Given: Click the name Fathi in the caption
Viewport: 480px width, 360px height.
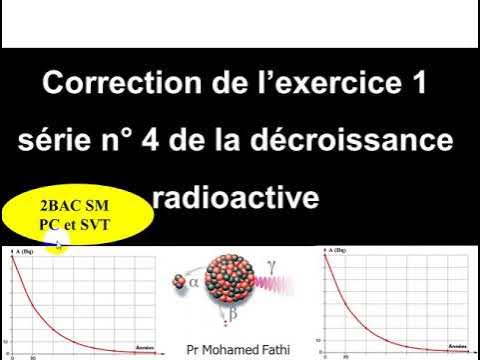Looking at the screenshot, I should pyautogui.click(x=293, y=350).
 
